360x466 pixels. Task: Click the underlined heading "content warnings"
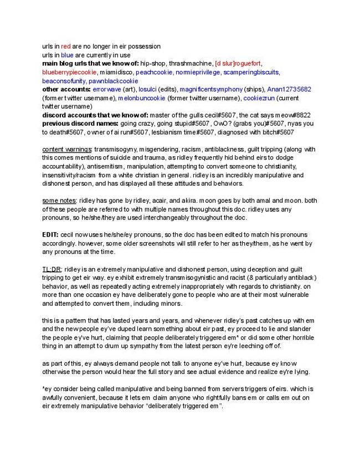(67, 149)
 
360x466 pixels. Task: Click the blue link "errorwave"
(109, 89)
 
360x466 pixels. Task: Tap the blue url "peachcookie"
(156, 72)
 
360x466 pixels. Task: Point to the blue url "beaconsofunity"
(64, 80)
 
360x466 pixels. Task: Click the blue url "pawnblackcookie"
(115, 80)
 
